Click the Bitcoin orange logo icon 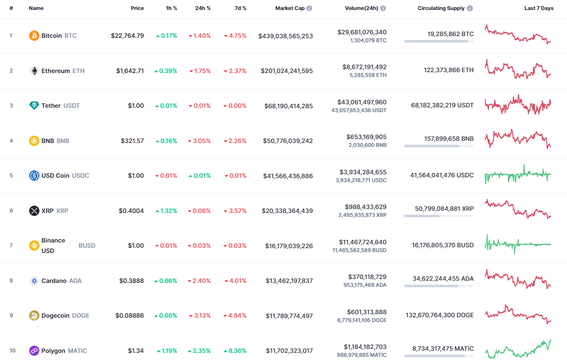pyautogui.click(x=34, y=36)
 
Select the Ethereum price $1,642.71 pyautogui.click(x=130, y=71)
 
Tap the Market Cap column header pyautogui.click(x=290, y=8)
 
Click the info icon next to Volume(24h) pyautogui.click(x=383, y=8)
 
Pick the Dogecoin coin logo pyautogui.click(x=34, y=316)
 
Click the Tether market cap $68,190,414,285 pyautogui.click(x=288, y=106)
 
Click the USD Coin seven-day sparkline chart pyautogui.click(x=518, y=175)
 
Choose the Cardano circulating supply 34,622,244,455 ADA pyautogui.click(x=439, y=279)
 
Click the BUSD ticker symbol pyautogui.click(x=87, y=246)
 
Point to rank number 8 pyautogui.click(x=11, y=281)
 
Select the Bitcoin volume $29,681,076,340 pyautogui.click(x=362, y=32)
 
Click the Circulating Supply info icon pyautogui.click(x=470, y=8)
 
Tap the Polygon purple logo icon pyautogui.click(x=34, y=351)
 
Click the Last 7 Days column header pyautogui.click(x=539, y=8)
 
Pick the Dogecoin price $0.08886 pyautogui.click(x=129, y=316)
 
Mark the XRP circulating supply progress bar pyautogui.click(x=439, y=216)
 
